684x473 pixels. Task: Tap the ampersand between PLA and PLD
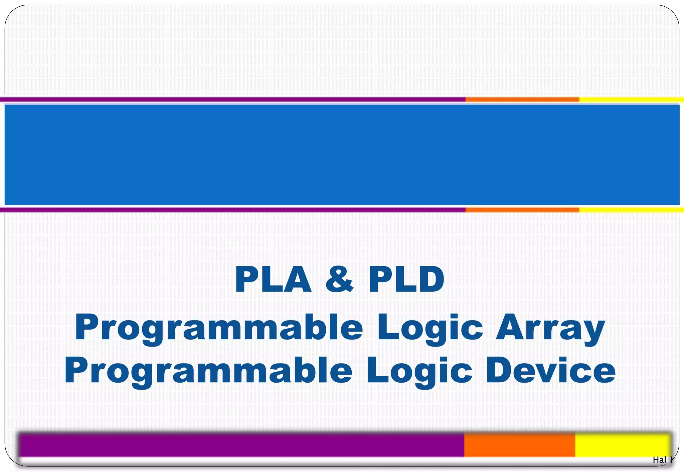(339, 280)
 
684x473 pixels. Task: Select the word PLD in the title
(406, 280)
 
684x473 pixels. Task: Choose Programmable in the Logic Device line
(208, 371)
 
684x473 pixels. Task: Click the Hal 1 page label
(662, 460)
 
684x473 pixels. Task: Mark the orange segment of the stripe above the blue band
(522, 99)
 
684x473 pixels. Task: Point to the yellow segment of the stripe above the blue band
(631, 99)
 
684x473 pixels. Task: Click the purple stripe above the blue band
(234, 99)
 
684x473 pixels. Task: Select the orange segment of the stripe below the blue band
(522, 210)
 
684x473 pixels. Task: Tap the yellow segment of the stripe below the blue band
(631, 210)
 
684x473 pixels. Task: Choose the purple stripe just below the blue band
(234, 210)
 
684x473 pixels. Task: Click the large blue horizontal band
(342, 154)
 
